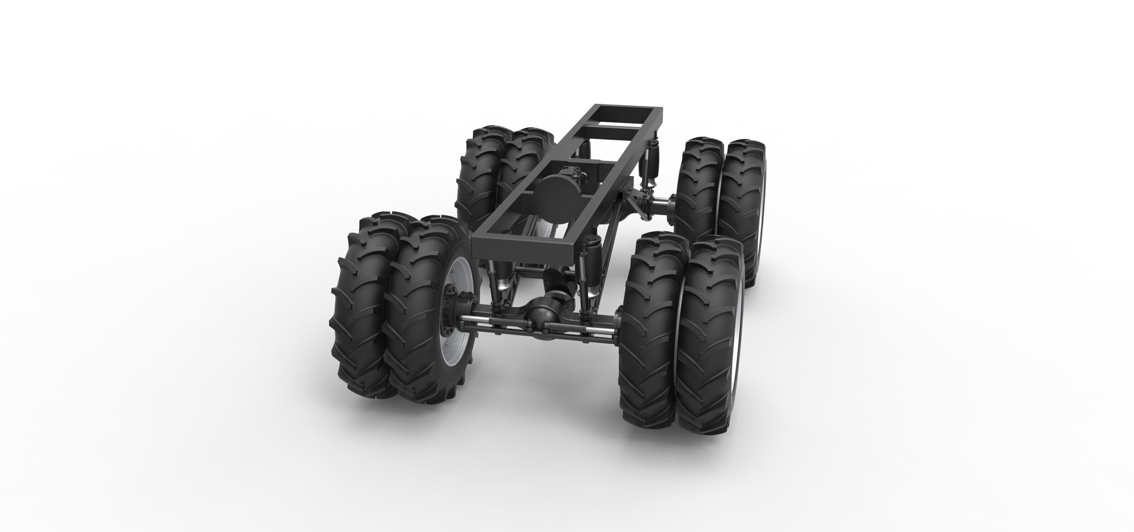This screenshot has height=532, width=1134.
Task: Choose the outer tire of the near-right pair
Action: pyautogui.click(x=708, y=336)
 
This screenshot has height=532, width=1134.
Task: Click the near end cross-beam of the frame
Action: pyautogui.click(x=526, y=247)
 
